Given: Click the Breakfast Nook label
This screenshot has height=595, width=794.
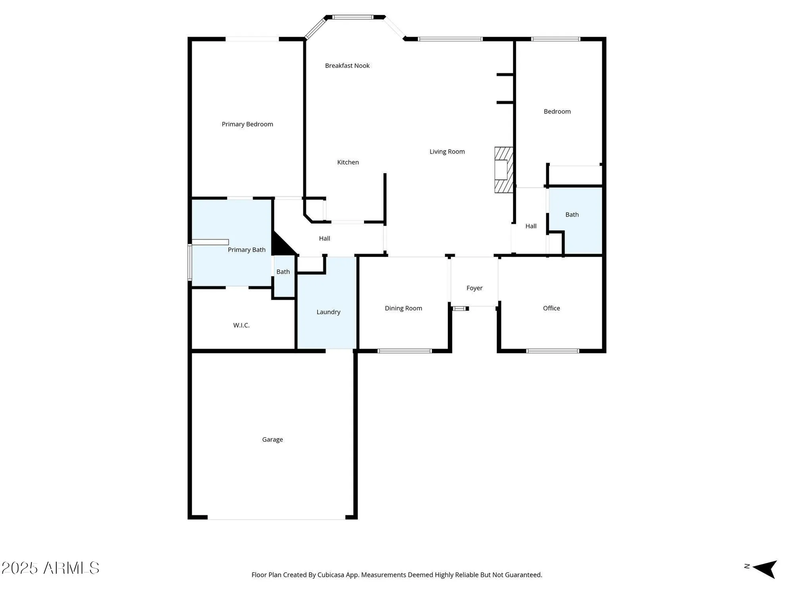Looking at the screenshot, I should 347,66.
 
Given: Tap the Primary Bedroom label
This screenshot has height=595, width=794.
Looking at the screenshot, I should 247,124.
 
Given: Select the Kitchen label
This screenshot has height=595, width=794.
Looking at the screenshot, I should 348,162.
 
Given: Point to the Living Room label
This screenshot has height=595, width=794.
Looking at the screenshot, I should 447,152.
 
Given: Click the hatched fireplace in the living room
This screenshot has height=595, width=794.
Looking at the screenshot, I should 503,170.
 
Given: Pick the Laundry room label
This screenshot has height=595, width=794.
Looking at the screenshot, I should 328,312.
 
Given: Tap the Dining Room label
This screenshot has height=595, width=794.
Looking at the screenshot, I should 403,308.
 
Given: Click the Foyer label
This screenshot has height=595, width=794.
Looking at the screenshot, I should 474,288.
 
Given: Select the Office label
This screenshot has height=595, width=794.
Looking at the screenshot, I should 551,308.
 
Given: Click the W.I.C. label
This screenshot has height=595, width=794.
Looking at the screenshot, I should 241,325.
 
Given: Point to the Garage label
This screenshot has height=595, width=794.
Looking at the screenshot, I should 272,440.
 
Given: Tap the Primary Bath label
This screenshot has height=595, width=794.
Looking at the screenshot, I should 247,250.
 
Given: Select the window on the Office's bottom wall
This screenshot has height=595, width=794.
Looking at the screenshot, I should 552,351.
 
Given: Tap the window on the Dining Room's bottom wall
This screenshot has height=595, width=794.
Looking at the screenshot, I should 405,351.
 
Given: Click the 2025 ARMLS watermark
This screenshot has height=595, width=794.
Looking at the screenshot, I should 50,568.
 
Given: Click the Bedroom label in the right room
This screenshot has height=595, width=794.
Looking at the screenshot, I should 557,111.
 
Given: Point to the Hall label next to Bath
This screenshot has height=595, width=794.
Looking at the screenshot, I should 531,226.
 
